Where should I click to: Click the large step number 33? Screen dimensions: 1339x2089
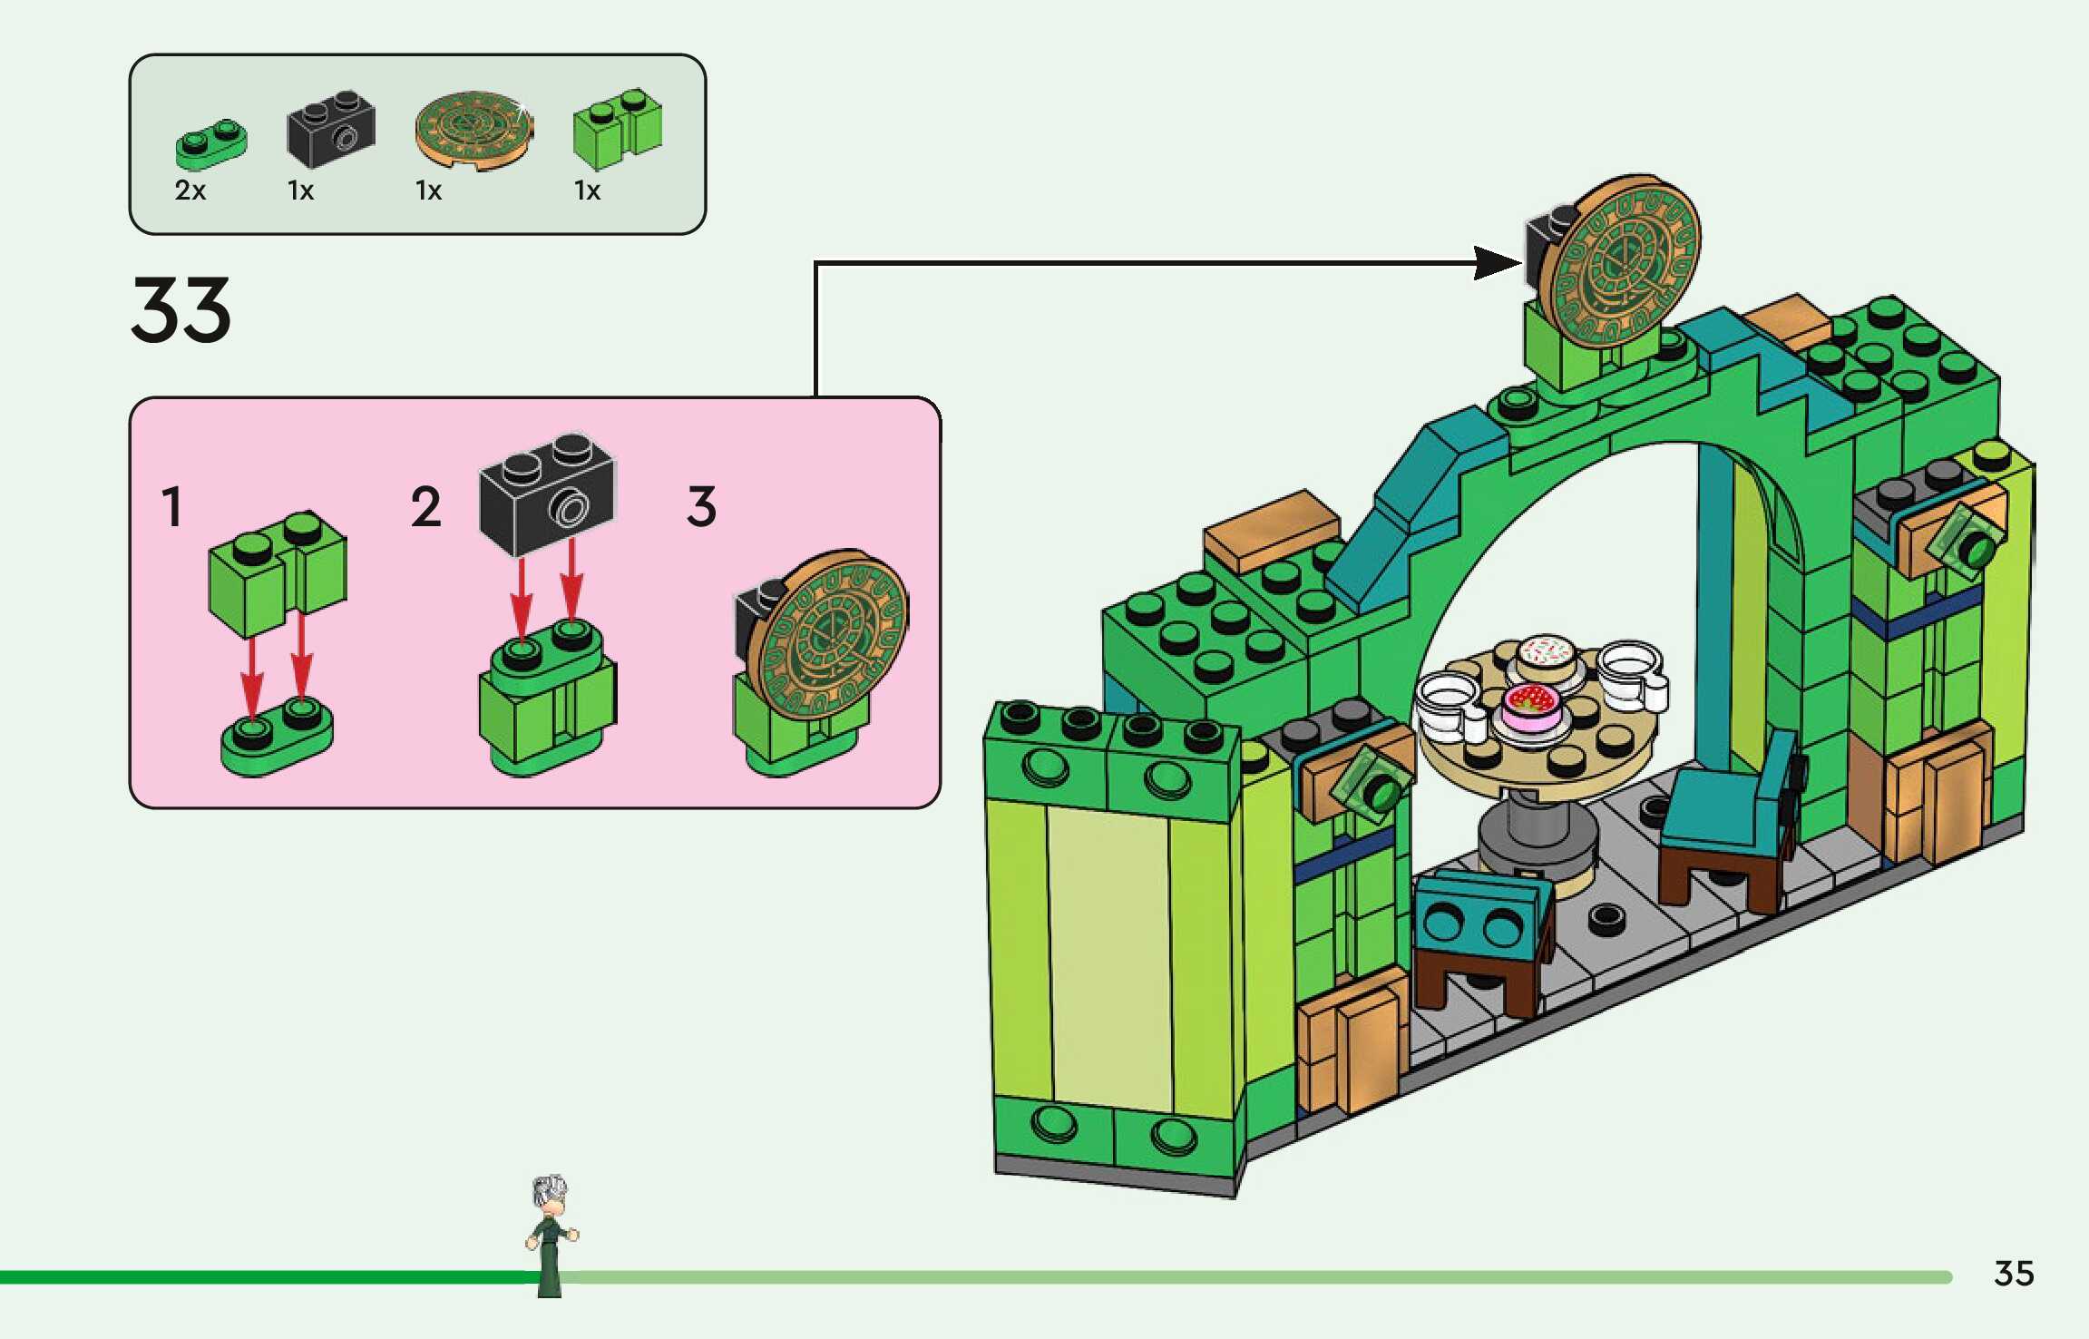(x=181, y=310)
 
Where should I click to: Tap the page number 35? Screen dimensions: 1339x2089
(x=2014, y=1274)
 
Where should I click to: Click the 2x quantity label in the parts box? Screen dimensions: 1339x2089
(x=190, y=191)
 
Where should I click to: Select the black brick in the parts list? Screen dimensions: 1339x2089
(x=331, y=129)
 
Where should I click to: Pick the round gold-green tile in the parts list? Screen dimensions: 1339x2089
(x=473, y=131)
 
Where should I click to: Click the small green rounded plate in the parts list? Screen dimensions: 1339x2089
(x=210, y=145)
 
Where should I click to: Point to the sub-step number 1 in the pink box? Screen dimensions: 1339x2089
(x=172, y=506)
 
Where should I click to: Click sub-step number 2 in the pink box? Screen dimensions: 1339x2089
(x=426, y=506)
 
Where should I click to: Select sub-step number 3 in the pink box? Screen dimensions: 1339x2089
(x=701, y=506)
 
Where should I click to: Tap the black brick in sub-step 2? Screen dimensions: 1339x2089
(x=547, y=493)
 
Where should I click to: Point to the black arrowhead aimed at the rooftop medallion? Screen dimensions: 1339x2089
(x=1497, y=263)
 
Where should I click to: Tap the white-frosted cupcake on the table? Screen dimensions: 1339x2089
(x=1547, y=655)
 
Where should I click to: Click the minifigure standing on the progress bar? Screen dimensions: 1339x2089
(x=550, y=1234)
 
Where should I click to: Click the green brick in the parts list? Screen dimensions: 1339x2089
(x=618, y=129)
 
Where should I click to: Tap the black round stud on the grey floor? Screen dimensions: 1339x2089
(x=1606, y=919)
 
